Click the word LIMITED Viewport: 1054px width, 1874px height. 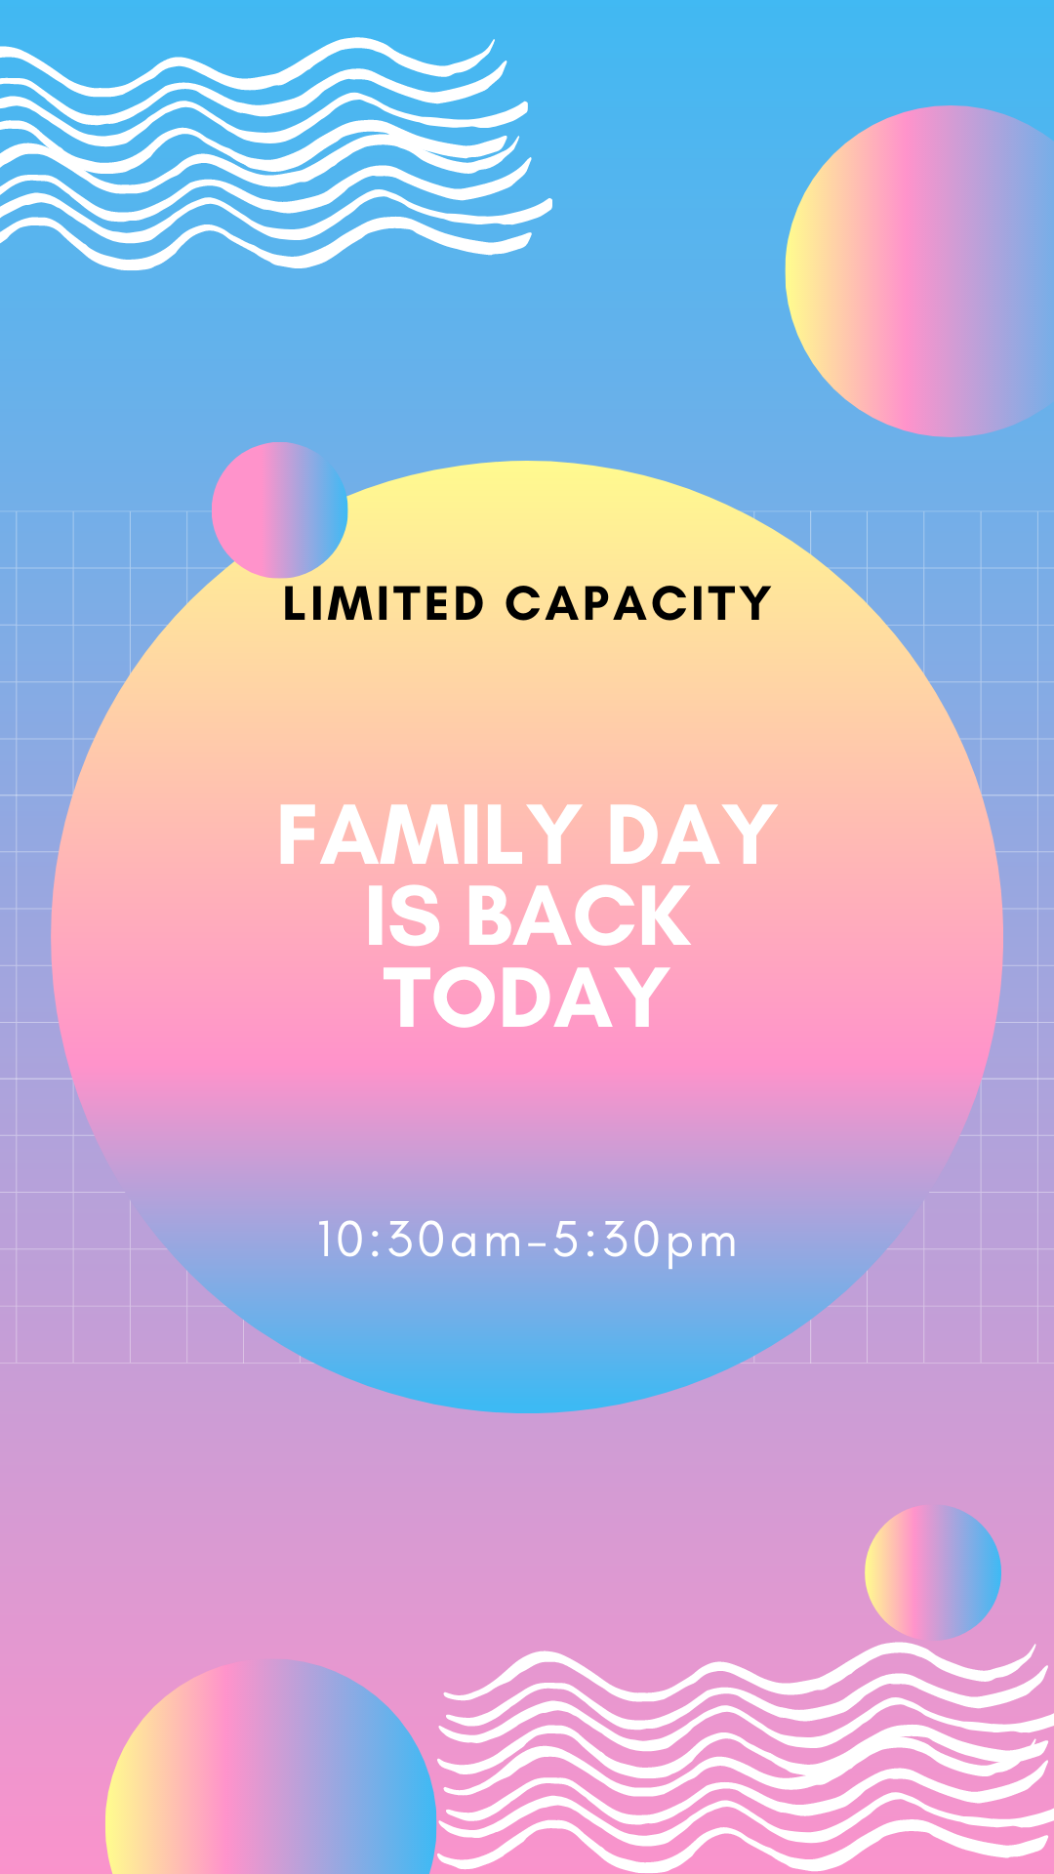click(384, 603)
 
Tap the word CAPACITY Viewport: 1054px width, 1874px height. click(638, 603)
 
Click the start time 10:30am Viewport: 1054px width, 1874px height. click(421, 1241)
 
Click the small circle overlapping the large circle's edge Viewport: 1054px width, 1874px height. click(280, 509)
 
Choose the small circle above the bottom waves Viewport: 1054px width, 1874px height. click(933, 1572)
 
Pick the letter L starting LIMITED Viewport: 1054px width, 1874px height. click(294, 603)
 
